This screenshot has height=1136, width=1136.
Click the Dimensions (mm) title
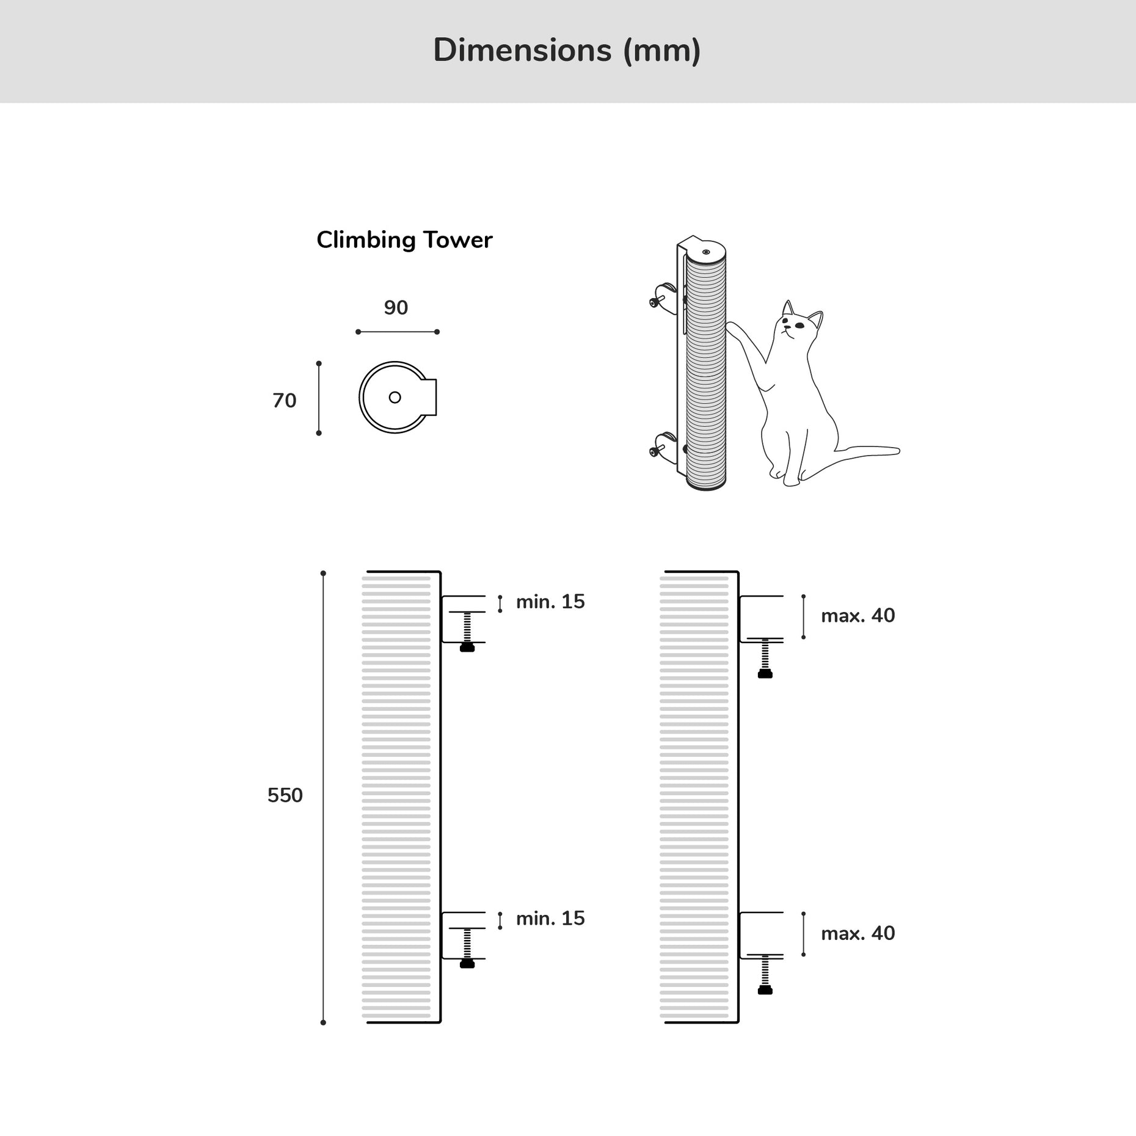(x=567, y=50)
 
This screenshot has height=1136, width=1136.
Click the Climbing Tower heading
(x=404, y=240)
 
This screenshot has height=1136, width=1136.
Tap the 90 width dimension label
(x=396, y=308)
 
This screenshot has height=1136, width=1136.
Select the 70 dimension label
(x=285, y=401)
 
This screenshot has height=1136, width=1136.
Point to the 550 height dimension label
(x=285, y=795)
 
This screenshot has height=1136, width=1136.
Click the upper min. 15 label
(x=550, y=602)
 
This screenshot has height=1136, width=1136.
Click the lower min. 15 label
(x=550, y=919)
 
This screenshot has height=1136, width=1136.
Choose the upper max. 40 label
(x=857, y=616)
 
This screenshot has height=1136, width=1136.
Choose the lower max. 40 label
(x=857, y=933)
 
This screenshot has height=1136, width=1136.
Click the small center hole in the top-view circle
(x=395, y=398)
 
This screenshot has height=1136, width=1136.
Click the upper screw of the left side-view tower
(x=467, y=632)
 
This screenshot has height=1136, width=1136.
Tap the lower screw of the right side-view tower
(x=765, y=975)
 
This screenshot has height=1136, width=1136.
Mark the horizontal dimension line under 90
(x=397, y=332)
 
